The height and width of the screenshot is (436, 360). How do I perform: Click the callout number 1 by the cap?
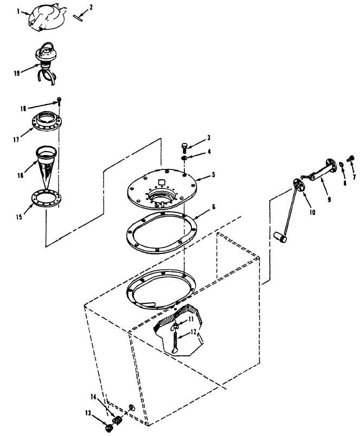point(18,11)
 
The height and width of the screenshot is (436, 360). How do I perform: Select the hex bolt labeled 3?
point(184,147)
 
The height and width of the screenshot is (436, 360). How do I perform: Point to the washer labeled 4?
point(184,158)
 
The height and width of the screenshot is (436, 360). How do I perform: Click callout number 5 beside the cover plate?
point(213,174)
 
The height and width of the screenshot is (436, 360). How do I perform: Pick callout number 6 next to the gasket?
point(213,207)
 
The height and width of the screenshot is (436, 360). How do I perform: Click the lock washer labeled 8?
point(341,166)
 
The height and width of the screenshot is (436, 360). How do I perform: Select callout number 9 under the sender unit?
point(330,199)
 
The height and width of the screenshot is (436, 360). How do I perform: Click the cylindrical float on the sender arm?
point(280,237)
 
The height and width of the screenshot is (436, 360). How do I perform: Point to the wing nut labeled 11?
point(175,327)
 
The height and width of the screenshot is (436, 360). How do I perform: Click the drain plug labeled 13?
point(108,428)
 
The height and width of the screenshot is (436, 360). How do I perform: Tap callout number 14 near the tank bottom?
point(94,397)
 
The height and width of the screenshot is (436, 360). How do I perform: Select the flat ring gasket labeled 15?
point(46,198)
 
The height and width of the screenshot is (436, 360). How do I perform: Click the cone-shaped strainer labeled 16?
point(47,166)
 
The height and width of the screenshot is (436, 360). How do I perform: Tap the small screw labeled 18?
point(59,101)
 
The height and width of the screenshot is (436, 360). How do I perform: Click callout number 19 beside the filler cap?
point(17,73)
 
